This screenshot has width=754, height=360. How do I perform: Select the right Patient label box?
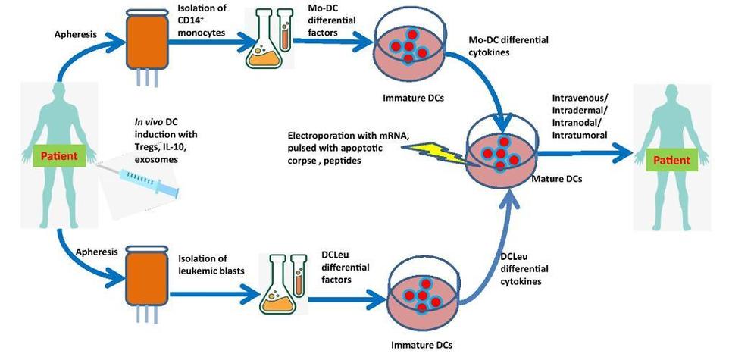[671, 160]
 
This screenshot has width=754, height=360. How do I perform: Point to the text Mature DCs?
[569, 179]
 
